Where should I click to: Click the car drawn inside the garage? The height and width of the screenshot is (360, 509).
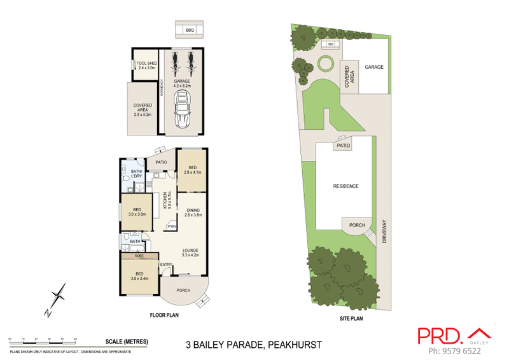183,109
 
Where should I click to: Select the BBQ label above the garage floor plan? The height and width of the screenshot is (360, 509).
190,30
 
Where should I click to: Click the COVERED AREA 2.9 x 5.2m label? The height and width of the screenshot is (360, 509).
143,109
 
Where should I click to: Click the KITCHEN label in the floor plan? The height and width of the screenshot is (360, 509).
165,201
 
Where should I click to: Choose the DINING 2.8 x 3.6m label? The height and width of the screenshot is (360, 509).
192,213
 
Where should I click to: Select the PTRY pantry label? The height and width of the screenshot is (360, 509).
171,226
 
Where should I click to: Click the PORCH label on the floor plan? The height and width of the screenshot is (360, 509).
184,291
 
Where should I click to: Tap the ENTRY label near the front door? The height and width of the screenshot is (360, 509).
166,265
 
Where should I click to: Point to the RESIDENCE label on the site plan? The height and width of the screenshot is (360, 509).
346,186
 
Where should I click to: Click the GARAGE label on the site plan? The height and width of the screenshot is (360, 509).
374,67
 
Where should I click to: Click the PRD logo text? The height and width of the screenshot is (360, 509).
440,336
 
